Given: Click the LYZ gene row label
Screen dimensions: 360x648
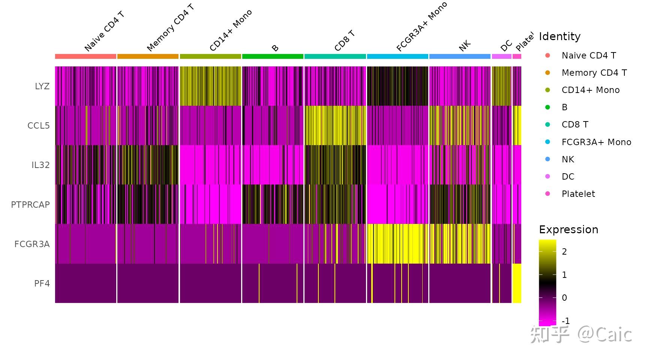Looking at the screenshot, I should (x=42, y=86).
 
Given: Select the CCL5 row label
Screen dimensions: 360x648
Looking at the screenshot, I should (x=38, y=126).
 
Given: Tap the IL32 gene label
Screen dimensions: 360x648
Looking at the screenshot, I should (x=40, y=165).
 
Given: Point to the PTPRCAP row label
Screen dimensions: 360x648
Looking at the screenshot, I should (x=30, y=205).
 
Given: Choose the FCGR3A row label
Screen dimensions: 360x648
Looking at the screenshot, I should (x=32, y=244).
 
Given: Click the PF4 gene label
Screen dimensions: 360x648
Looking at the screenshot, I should (x=42, y=283).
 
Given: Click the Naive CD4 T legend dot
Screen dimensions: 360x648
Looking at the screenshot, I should (x=547, y=55).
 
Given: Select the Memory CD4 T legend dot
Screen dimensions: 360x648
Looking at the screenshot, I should (x=547, y=73).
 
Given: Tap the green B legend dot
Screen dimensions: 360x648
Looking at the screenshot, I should (x=547, y=107).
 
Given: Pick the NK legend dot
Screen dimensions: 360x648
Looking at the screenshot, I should (x=547, y=159).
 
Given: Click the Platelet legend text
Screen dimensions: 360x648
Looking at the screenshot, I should (x=578, y=194).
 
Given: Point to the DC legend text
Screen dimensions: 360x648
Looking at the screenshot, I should (x=568, y=177).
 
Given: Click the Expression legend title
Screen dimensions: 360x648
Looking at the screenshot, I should (x=568, y=229).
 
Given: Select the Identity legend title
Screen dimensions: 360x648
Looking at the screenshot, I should (x=559, y=36).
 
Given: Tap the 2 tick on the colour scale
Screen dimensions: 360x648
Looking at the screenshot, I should (x=564, y=252).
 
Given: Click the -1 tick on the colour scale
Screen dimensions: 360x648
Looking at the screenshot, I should (x=565, y=321).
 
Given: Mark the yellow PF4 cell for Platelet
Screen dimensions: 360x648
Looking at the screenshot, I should (x=517, y=283).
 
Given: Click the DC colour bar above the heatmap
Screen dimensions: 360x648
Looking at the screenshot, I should (x=501, y=57).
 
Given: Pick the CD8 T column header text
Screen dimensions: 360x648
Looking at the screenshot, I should (x=345, y=41).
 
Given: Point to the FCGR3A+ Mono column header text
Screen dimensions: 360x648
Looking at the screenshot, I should (x=421, y=27).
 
